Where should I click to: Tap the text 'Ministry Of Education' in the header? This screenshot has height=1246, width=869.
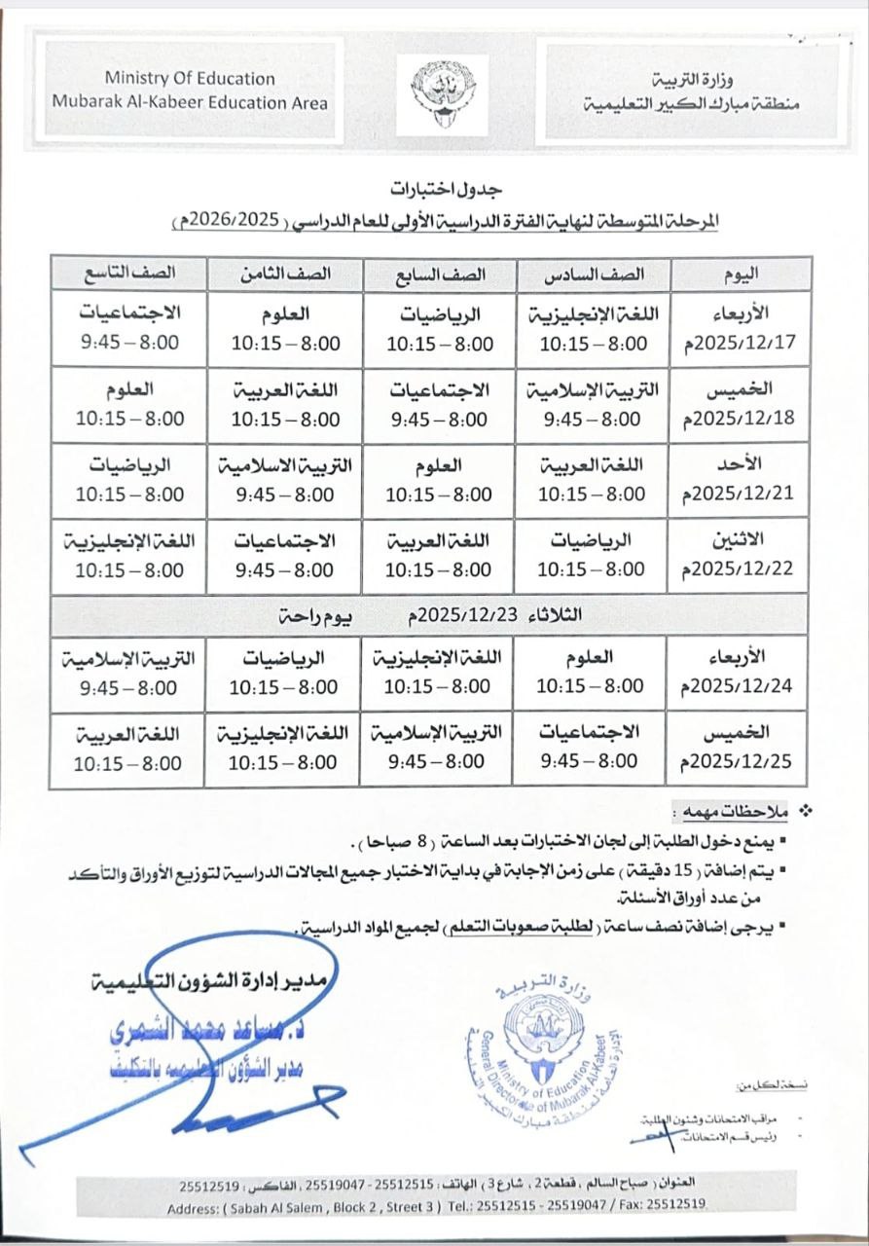coord(190,79)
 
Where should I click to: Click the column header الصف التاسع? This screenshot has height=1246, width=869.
coord(129,274)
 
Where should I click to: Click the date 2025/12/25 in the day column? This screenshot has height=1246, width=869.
coord(744,760)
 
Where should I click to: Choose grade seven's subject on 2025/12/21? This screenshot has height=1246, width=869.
coord(439,466)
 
